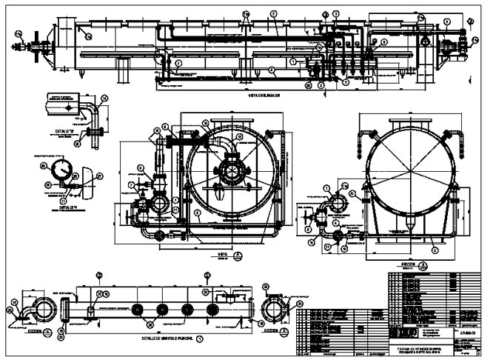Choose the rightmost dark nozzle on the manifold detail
tap(212, 308)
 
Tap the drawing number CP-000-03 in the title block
tap(467, 335)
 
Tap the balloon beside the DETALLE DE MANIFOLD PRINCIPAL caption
tap(199, 338)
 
